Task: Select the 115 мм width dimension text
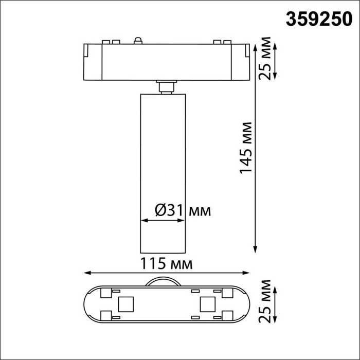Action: click(167, 264)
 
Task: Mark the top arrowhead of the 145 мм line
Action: click(256, 43)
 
